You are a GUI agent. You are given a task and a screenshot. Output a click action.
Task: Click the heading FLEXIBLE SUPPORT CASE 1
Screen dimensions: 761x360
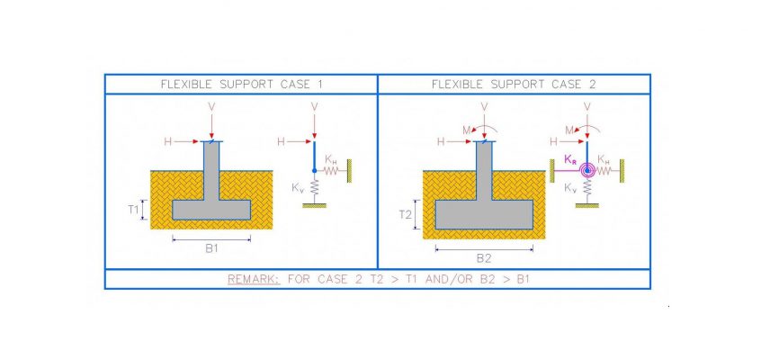pos(241,85)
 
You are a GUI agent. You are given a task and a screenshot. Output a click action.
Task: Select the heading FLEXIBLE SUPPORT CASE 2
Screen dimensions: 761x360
pos(514,85)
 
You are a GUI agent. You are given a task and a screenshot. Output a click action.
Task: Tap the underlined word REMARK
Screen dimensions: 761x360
pos(254,279)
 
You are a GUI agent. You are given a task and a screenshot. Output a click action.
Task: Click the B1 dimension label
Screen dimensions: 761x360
pos(211,248)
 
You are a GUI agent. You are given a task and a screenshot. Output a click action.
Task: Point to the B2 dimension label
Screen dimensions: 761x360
pos(484,258)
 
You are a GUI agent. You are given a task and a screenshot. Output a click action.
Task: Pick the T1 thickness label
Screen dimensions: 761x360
pos(133,210)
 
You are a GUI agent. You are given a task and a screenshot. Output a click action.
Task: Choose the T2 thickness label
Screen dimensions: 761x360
pos(406,214)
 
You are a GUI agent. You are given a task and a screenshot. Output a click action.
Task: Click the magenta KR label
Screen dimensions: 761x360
pos(570,159)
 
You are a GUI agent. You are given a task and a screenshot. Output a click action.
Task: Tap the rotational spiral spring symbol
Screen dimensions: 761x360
pos(587,170)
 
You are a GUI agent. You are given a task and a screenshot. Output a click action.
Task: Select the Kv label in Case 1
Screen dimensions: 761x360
pos(298,188)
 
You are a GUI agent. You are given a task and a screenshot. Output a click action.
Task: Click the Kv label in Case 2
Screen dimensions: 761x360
pos(570,188)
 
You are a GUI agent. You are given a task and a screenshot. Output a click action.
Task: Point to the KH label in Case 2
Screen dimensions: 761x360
pos(604,159)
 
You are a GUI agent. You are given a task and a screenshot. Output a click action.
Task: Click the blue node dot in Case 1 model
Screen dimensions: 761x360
pos(315,170)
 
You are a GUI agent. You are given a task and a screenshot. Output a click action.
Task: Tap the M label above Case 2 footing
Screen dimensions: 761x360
pos(466,130)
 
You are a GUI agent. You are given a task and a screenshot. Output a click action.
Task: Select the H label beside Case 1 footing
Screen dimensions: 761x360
pos(168,141)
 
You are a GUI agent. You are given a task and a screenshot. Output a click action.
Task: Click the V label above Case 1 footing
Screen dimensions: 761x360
pos(211,106)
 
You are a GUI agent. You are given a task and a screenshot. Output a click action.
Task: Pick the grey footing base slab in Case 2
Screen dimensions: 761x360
pos(484,214)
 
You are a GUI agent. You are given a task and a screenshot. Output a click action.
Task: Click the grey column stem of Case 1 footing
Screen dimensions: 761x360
pos(211,170)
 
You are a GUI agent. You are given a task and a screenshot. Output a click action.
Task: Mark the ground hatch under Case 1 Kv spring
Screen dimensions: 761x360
pos(315,205)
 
